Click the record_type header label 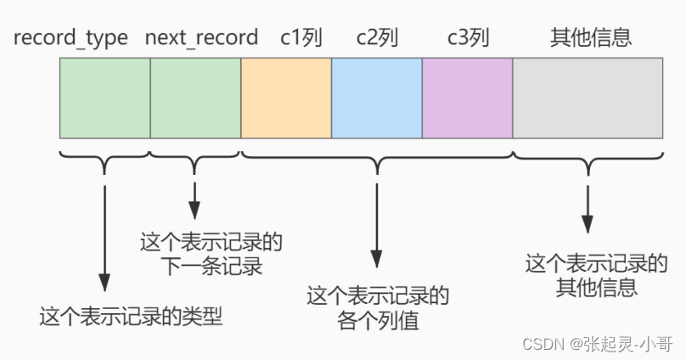click(70, 38)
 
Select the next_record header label click(201, 38)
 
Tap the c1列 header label click(286, 38)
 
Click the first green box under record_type click(104, 98)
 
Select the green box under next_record click(195, 98)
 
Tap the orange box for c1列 click(286, 98)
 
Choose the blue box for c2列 click(376, 98)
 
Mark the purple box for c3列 click(467, 98)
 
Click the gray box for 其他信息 click(588, 98)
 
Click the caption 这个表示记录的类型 click(131, 318)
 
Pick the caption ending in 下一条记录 click(211, 254)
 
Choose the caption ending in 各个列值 click(377, 308)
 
